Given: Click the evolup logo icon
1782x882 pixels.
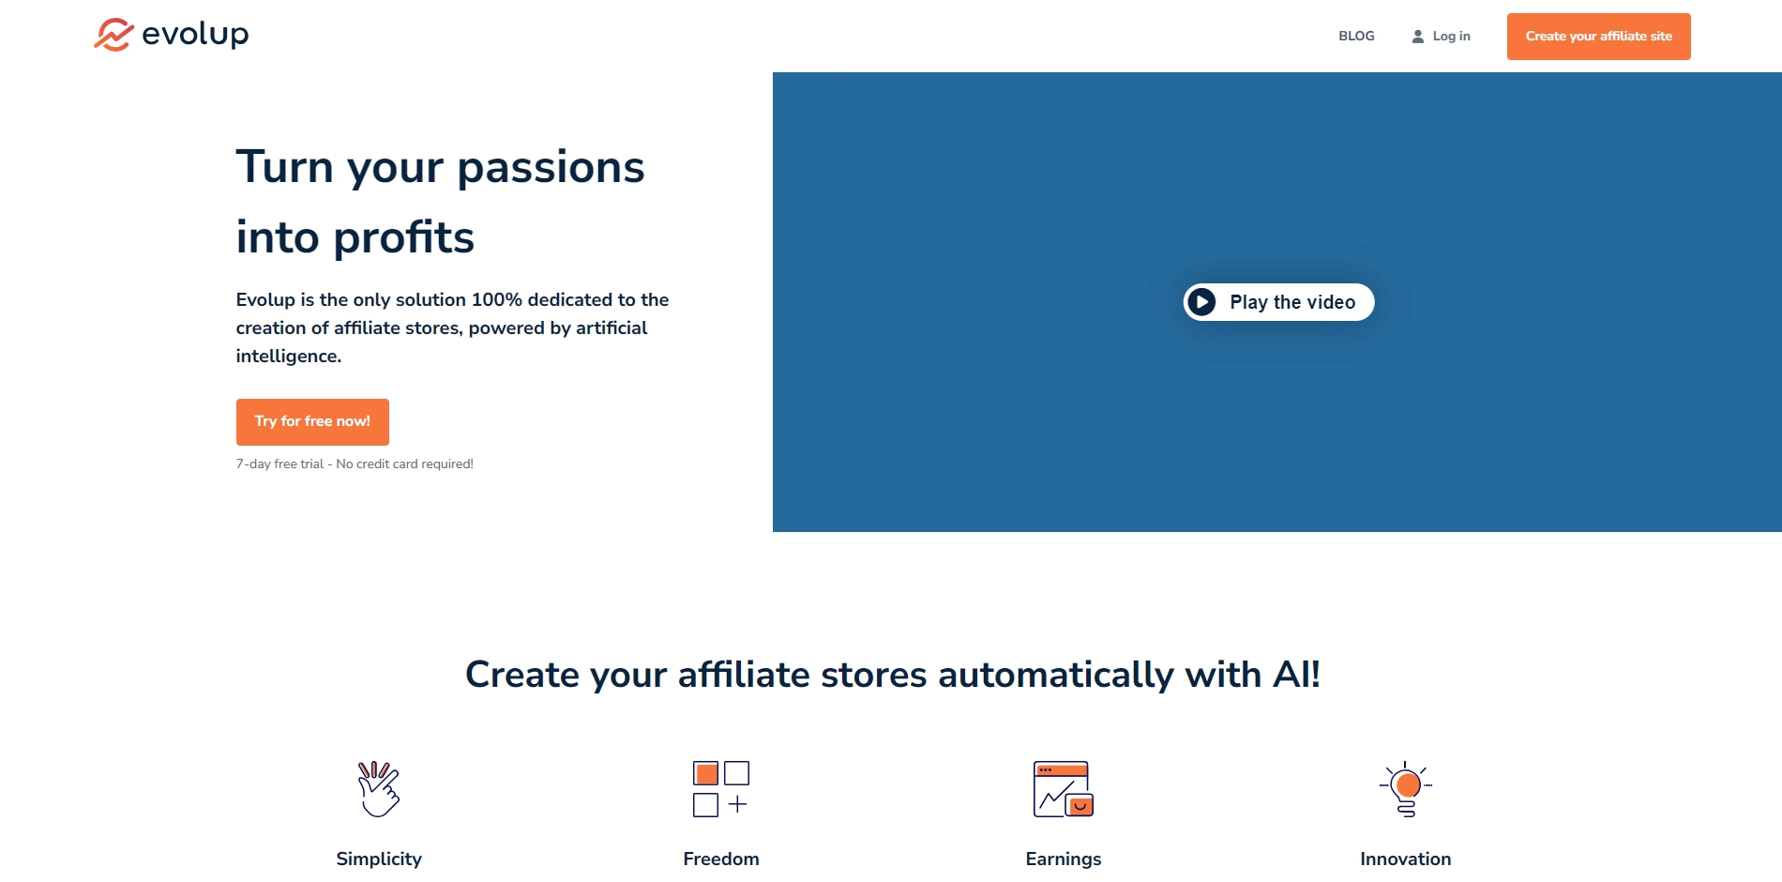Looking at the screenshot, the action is point(113,35).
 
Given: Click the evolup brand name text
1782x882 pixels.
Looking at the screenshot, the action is point(195,35).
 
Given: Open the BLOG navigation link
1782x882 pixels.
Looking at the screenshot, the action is point(1356,36).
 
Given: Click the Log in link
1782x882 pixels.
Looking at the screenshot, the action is point(1451,36).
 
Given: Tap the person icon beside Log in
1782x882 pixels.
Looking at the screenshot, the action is point(1418,37).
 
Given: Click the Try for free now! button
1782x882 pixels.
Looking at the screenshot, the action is point(312,421).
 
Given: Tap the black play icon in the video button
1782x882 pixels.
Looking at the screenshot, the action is point(1201,302).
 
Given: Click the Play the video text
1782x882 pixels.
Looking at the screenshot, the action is point(1292,302).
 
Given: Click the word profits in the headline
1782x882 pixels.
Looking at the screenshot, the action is point(404,237).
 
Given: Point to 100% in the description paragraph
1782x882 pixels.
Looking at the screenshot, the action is point(496,299).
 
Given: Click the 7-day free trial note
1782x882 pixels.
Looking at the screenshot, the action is point(355,464).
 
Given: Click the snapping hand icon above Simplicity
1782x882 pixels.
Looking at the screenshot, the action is point(379,788).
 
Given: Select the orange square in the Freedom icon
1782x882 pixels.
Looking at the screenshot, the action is point(706,773).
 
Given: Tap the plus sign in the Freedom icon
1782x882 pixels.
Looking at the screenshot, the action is point(738,804).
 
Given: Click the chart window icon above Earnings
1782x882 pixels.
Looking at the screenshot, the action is point(1064,789).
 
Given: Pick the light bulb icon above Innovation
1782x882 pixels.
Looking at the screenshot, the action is point(1406,789).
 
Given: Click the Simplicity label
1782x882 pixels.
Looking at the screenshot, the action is point(379,859).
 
